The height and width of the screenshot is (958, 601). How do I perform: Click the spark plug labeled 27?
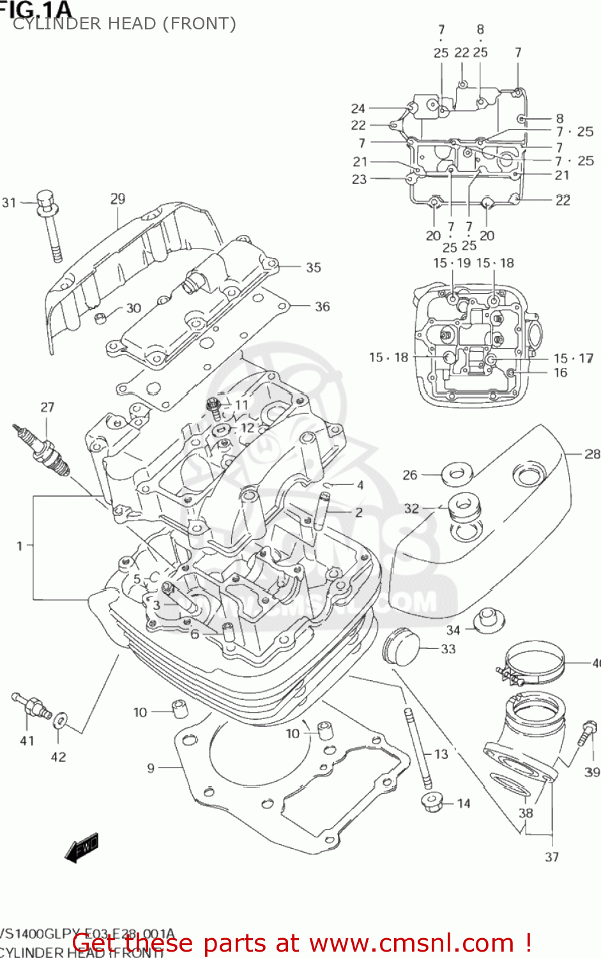[43, 451]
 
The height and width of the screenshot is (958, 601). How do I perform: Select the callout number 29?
[118, 199]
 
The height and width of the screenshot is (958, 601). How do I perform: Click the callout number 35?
[313, 268]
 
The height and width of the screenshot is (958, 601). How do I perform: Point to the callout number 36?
[322, 307]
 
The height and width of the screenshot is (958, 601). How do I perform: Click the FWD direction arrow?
[82, 848]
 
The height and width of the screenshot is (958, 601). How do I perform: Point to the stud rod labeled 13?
[416, 747]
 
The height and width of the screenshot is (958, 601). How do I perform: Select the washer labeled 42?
[61, 720]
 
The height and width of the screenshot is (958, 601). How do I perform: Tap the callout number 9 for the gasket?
[151, 768]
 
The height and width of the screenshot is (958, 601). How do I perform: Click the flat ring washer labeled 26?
[457, 473]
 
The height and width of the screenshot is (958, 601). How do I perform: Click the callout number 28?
[592, 453]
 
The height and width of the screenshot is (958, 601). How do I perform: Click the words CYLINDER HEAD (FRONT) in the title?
[125, 24]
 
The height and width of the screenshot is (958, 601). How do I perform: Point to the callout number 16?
[560, 372]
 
